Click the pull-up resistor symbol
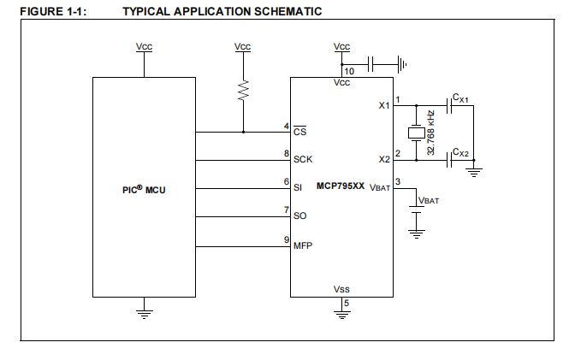pos(243,91)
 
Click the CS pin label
pos(299,133)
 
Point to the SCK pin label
pos(303,159)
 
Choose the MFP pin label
pos(303,245)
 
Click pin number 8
pos(287,153)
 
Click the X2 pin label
pos(384,158)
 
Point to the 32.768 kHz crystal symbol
pos(416,132)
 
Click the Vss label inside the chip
pos(341,290)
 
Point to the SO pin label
pos(299,216)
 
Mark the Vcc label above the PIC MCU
pos(144,46)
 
